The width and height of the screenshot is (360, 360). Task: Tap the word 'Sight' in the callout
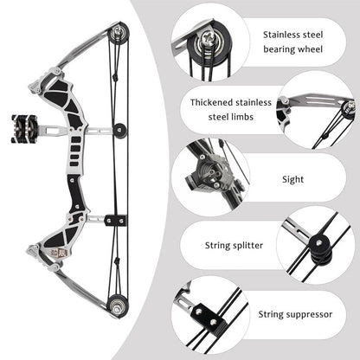coord(293,180)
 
